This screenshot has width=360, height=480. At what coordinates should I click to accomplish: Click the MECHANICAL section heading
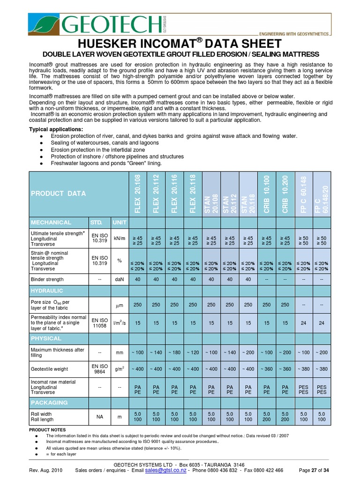tap(51, 222)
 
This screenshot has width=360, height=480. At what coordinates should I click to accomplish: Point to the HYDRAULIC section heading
tap(47, 291)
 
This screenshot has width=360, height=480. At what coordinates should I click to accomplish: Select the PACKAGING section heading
tap(49, 402)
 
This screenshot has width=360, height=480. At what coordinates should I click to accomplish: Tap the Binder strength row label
tap(47, 279)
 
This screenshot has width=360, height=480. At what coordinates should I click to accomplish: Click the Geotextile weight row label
tap(50, 369)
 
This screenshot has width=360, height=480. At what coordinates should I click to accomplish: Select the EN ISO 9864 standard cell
tap(99, 369)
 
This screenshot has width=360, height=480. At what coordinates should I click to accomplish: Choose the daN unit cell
tap(119, 279)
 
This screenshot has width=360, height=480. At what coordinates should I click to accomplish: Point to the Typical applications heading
tap(56, 129)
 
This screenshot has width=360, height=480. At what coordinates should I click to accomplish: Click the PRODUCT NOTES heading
tap(47, 429)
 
